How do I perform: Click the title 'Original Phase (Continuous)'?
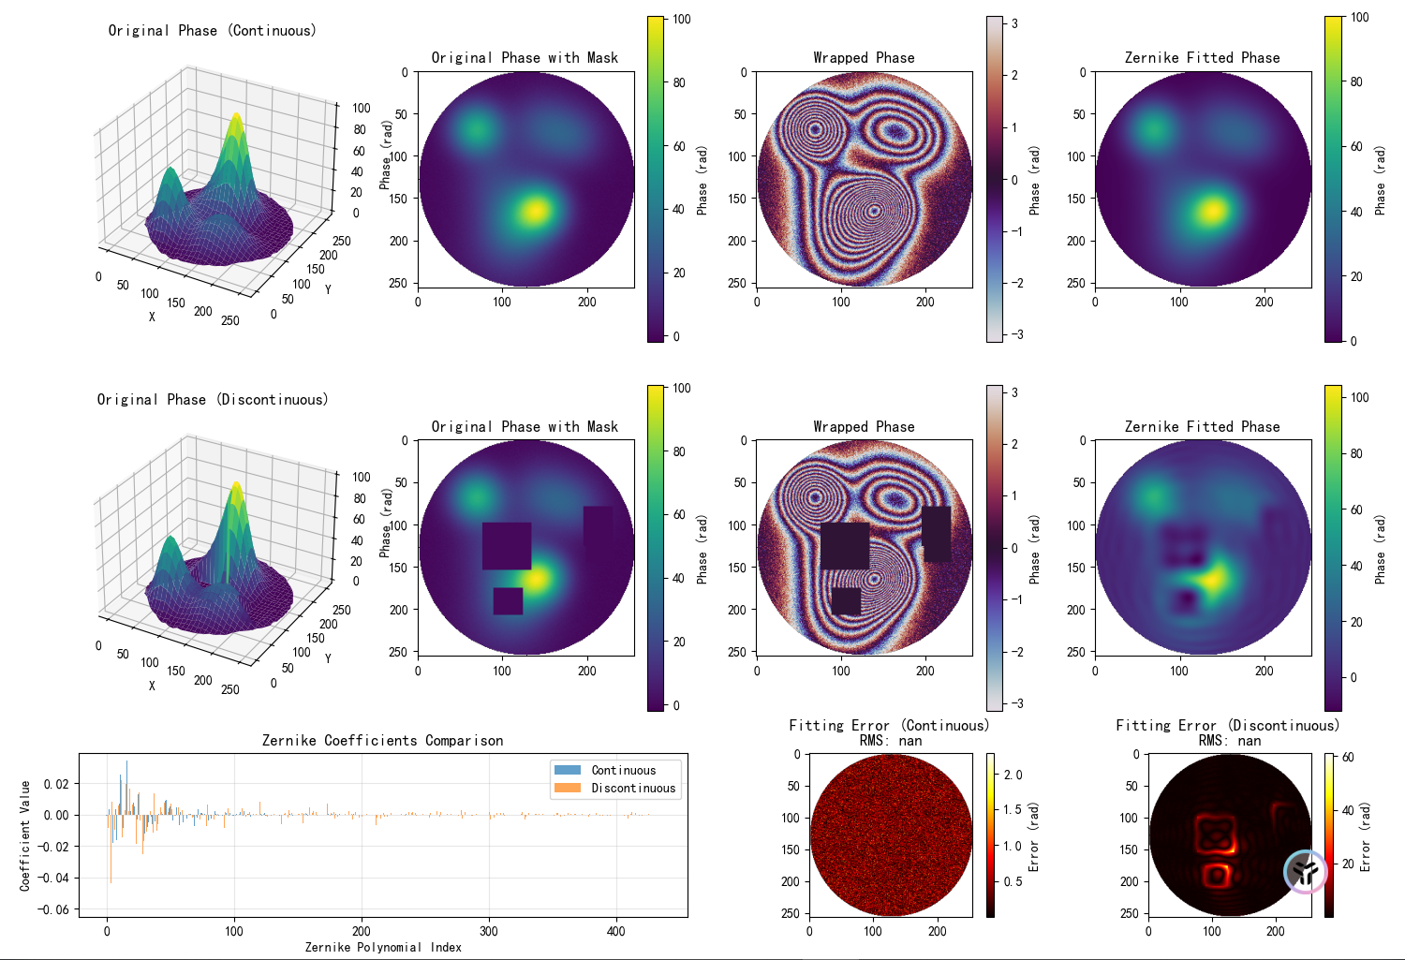(212, 31)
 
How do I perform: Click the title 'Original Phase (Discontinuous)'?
(212, 399)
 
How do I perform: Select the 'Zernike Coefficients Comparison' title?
(382, 741)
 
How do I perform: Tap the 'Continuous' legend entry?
(624, 770)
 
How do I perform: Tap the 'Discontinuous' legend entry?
(633, 789)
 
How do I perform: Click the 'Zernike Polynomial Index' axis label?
(383, 947)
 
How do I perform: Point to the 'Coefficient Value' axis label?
(25, 835)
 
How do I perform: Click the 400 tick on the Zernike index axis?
(616, 931)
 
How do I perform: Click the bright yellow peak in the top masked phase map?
(535, 211)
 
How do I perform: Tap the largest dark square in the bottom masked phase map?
(507, 546)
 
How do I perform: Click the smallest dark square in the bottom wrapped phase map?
(846, 601)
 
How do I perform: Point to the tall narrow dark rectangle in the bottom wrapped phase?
(937, 534)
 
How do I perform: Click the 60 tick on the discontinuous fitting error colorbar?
(1347, 757)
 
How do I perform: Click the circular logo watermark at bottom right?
(1306, 872)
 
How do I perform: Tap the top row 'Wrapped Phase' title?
(865, 58)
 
